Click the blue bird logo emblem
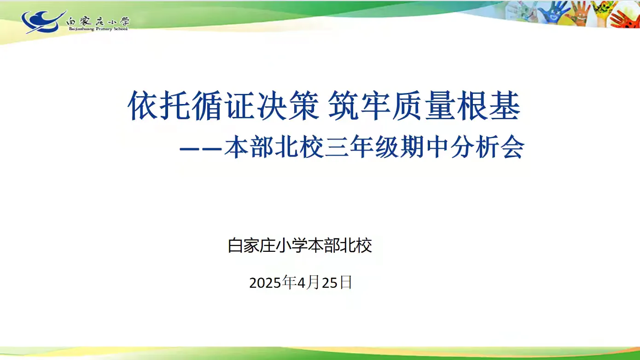[x=43, y=22]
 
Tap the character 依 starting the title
[x=143, y=105]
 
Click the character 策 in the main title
[x=304, y=105]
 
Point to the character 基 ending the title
[x=505, y=105]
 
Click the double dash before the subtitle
[x=201, y=149]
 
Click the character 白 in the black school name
[x=235, y=245]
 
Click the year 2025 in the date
[x=265, y=283]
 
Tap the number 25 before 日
[x=330, y=283]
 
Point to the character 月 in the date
[x=314, y=283]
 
